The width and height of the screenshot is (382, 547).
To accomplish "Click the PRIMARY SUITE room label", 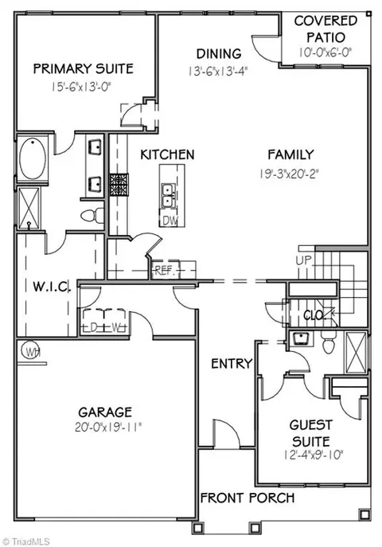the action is [x=84, y=68].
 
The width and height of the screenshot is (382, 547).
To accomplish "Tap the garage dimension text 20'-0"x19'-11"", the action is [x=108, y=427].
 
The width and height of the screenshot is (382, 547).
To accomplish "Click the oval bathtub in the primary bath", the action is [x=33, y=158].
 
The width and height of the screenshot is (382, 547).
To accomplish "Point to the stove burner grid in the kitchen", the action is [x=119, y=184].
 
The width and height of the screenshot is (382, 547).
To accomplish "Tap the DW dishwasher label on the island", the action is [x=170, y=221].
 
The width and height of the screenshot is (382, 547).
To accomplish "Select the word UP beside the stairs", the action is [x=304, y=260].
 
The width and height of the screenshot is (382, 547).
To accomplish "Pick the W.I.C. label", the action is [x=52, y=287].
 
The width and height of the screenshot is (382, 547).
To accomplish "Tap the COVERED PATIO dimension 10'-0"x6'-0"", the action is [x=325, y=53].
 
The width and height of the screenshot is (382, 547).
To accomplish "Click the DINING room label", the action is [x=219, y=53].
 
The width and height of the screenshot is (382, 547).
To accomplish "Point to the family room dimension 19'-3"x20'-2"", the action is [x=290, y=174].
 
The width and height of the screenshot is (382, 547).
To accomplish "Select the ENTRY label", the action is [x=232, y=364].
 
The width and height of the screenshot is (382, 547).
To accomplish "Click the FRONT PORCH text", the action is [x=248, y=498].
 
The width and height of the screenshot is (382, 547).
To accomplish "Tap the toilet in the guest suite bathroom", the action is [x=329, y=342].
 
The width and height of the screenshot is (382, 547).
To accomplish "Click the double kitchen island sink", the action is [x=169, y=195].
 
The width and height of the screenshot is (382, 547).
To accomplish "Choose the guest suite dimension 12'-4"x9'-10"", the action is [x=314, y=455].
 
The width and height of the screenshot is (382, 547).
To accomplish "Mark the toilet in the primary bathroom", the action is [x=92, y=215].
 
